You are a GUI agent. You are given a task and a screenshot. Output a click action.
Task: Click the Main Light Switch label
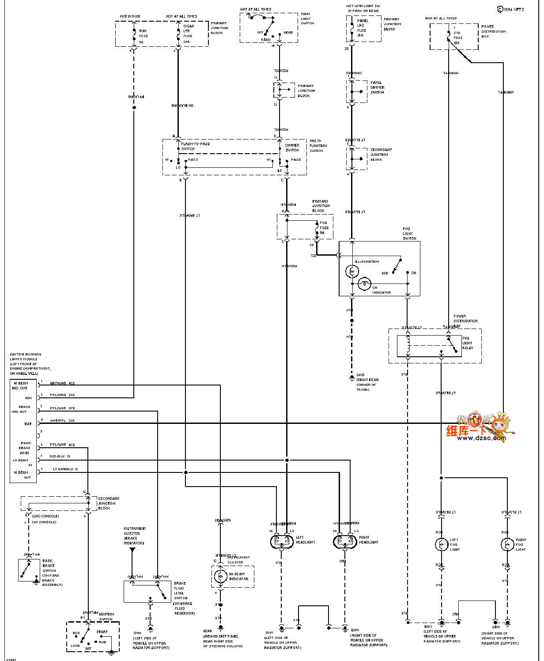pyautogui.click(x=307, y=19)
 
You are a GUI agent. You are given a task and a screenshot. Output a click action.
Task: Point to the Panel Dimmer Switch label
pyautogui.click(x=377, y=87)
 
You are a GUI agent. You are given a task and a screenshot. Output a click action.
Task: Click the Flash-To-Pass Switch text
pyautogui.click(x=195, y=146)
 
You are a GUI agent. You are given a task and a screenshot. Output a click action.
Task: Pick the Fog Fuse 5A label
pyautogui.click(x=324, y=228)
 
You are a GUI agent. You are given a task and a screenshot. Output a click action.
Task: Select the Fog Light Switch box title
pyautogui.click(x=409, y=234)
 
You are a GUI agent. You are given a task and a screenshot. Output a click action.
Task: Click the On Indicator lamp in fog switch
pyautogui.click(x=364, y=283)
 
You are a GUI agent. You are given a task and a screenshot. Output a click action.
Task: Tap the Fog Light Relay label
pyautogui.click(x=467, y=343)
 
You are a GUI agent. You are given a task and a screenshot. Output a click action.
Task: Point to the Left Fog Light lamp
pyautogui.click(x=441, y=544)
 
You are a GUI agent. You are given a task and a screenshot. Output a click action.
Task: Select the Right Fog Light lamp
pyautogui.click(x=507, y=544)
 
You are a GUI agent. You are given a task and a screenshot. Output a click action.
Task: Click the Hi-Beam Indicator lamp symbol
pyautogui.click(x=220, y=576)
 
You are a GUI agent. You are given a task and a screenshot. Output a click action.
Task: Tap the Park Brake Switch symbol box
pyautogui.click(x=29, y=570)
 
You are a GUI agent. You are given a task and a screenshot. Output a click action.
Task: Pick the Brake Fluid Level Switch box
pyautogui.click(x=147, y=591)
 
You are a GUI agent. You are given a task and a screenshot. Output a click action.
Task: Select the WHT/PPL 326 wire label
pyautogui.click(x=62, y=421)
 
